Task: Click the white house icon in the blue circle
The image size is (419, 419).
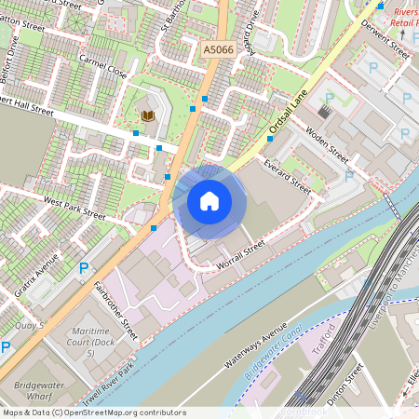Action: (209, 200)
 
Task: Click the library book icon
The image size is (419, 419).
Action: (147, 115)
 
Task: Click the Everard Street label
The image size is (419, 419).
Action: (286, 173)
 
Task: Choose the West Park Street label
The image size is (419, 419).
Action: (74, 207)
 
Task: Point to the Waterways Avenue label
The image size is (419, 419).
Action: (253, 346)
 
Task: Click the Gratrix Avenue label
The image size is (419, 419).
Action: (37, 276)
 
